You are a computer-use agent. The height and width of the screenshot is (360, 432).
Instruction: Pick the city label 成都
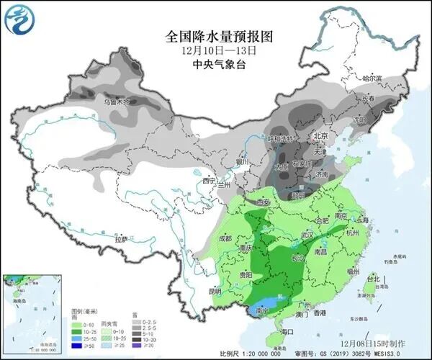pyautogui.click(x=226, y=238)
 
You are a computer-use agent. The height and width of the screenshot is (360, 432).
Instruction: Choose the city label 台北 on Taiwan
pyautogui.click(x=372, y=278)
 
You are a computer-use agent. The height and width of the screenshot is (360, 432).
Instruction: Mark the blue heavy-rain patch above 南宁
pyautogui.click(x=266, y=304)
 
